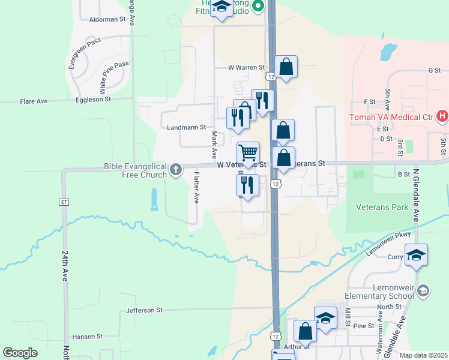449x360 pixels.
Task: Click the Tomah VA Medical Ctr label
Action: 393,116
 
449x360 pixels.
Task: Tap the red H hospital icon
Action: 442,116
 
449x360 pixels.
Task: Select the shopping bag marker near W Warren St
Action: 286,67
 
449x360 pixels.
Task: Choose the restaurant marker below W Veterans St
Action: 247,186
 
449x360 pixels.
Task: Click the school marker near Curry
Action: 416,256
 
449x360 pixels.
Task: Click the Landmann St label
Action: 186,127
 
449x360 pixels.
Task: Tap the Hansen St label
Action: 88,337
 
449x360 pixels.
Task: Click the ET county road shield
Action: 64,202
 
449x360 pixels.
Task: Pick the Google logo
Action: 20,352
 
